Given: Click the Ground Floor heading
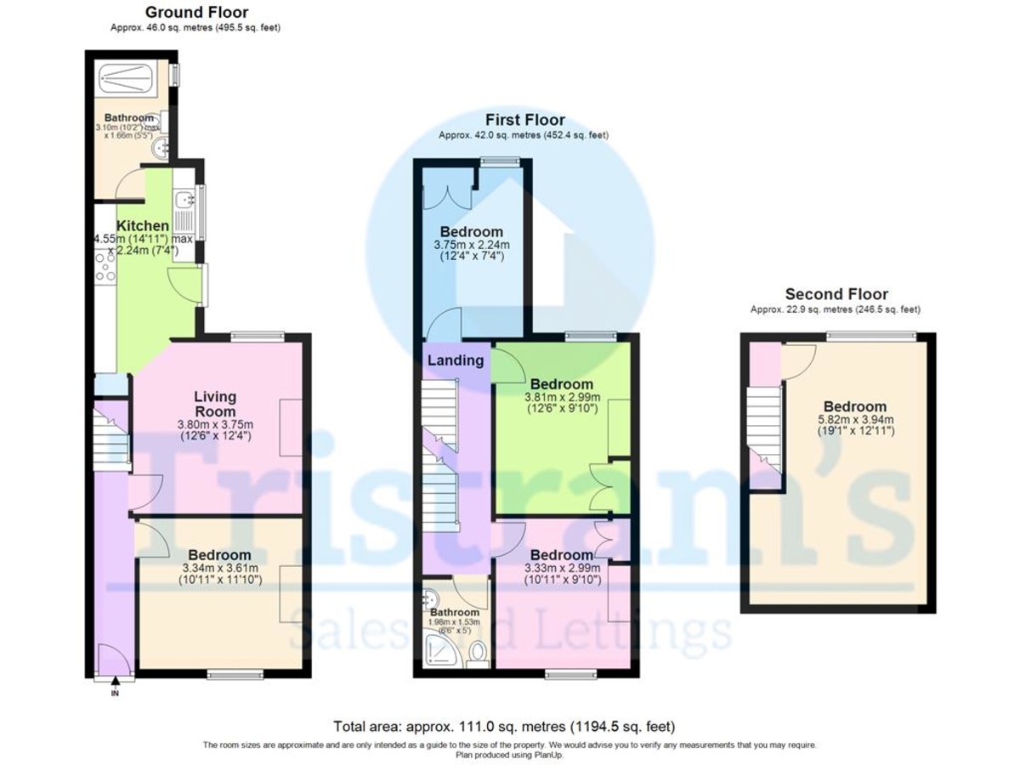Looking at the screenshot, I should (196, 12).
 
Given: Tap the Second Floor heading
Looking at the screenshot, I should (836, 295).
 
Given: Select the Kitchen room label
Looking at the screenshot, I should (142, 226).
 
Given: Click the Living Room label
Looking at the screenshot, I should (215, 404).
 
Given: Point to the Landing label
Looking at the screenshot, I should (456, 360).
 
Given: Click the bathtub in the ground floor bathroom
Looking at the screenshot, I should (133, 80).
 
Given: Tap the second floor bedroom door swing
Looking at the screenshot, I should (796, 360).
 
